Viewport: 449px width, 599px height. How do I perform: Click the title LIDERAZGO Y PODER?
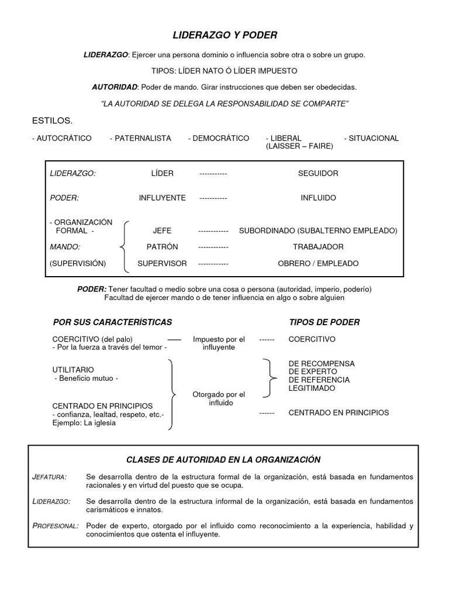coord(224,35)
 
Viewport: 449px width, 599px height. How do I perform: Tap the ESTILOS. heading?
coord(52,121)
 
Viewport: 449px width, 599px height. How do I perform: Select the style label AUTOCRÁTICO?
coord(61,138)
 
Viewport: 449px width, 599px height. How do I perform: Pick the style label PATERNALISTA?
coord(140,138)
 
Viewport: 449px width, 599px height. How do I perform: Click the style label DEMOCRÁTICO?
coord(219,138)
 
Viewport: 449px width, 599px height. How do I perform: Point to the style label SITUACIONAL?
coord(371,138)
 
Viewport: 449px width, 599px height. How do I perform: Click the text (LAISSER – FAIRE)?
coord(299,146)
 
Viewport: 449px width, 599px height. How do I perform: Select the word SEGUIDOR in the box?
coord(318,173)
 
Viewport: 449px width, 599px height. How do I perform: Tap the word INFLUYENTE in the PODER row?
coord(162,198)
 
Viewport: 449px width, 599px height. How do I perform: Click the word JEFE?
coord(162,230)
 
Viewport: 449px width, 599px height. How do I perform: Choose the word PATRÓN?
coord(162,247)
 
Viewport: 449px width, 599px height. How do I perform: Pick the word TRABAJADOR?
coord(318,247)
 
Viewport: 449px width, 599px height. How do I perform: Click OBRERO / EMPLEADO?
coord(318,263)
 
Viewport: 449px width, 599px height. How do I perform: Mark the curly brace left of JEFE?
coord(125,247)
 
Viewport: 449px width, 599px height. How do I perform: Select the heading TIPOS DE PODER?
coord(324,322)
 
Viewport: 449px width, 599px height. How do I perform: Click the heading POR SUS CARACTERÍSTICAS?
coord(112,322)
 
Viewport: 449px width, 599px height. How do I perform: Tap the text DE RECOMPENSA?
coord(322,363)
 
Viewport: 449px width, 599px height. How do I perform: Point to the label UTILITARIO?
coord(73,370)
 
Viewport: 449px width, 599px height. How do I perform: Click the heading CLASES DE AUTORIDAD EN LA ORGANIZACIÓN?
coord(223,460)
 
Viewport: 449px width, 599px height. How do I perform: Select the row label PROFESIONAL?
coord(55,526)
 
